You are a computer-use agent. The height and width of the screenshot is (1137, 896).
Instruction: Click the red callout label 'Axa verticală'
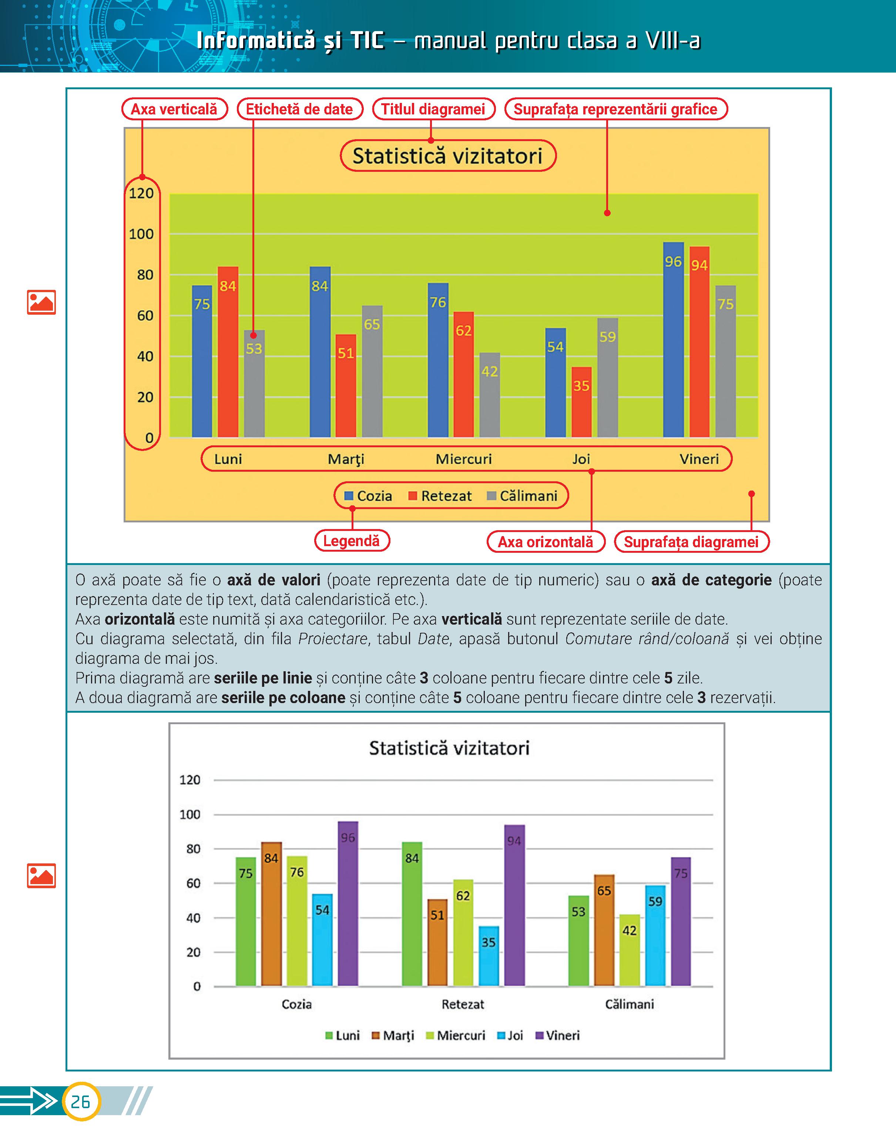(174, 109)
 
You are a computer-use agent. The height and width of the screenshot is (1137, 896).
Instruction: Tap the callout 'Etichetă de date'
(299, 109)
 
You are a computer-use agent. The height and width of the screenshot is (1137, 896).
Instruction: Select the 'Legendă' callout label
(352, 541)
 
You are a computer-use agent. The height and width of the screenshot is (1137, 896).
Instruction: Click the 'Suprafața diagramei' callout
(691, 542)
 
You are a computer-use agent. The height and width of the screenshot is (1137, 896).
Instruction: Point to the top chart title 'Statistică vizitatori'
(447, 156)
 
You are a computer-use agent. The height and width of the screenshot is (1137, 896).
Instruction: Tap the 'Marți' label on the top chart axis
(346, 459)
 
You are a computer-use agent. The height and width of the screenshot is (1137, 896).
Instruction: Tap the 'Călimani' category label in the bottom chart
(629, 1004)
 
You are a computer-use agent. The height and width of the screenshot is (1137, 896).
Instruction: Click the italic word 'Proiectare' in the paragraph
(333, 639)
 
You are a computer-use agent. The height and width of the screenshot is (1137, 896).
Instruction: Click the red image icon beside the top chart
(41, 302)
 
